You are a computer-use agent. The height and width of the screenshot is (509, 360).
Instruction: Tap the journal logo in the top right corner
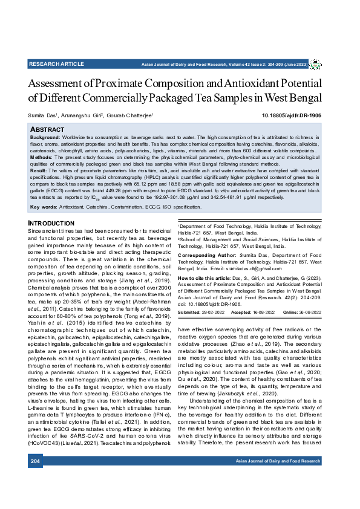315,63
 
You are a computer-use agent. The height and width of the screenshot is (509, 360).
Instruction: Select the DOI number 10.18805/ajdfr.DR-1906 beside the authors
292,114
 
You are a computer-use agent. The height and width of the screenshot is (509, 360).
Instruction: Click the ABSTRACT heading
47,130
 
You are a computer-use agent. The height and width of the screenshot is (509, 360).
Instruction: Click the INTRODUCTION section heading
51,224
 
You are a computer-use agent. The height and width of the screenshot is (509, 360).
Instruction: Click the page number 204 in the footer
35,479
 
